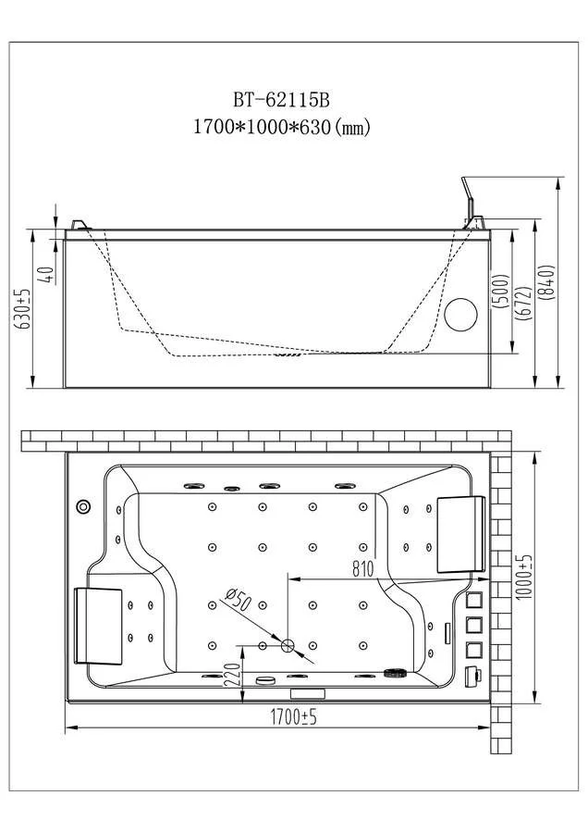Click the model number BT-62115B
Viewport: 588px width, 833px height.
282,99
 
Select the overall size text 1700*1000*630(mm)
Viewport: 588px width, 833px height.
282,127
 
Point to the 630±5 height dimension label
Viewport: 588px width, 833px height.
24,309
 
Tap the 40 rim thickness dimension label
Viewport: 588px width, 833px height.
48,274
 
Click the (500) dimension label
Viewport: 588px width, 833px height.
501,292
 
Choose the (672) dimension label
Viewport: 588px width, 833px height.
523,303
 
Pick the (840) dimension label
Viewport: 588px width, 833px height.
548,282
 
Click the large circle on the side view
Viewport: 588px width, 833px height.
460,315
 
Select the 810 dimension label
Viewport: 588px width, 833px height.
363,569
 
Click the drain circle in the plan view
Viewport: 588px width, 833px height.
288,645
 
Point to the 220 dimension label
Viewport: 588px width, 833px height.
232,674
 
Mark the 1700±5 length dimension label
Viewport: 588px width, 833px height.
293,717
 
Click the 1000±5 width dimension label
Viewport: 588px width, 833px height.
524,578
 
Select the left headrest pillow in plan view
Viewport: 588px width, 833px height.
98,626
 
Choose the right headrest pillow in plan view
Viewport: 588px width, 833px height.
461,534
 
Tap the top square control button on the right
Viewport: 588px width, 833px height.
474,601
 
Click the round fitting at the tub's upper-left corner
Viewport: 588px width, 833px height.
83,506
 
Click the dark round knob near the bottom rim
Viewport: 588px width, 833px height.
394,674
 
